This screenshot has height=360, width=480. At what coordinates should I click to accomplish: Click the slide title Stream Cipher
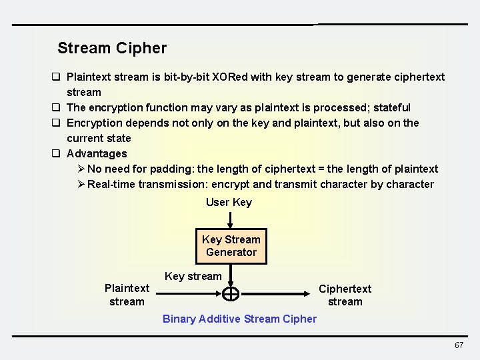coord(112,48)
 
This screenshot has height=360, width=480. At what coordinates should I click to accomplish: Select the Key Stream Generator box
coord(231,246)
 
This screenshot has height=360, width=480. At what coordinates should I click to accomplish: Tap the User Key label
coord(229,202)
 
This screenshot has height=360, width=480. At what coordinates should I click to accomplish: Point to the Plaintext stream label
coord(127,295)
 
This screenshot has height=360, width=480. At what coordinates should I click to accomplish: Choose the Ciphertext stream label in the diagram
coord(345,295)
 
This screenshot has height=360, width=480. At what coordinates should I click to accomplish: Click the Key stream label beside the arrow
coord(193,276)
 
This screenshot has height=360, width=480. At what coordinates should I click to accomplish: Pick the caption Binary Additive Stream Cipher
coord(239,319)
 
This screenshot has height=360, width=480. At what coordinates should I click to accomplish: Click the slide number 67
coord(459,345)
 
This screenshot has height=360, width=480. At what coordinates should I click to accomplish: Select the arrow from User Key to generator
coord(230,219)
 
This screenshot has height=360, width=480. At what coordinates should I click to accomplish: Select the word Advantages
coord(97,153)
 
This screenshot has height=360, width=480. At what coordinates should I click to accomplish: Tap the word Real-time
coord(111,184)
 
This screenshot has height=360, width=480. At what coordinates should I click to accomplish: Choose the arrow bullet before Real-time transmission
coord(81,184)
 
